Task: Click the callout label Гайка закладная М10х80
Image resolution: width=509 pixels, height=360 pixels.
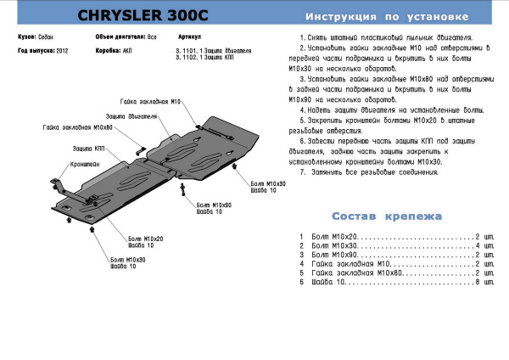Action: pyautogui.click(x=78, y=127)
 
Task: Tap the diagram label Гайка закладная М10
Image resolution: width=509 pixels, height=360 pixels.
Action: pyautogui.click(x=151, y=100)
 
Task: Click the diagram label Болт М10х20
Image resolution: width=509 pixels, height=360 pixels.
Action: pyautogui.click(x=147, y=239)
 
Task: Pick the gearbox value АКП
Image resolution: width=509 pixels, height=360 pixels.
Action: pyautogui.click(x=126, y=50)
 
